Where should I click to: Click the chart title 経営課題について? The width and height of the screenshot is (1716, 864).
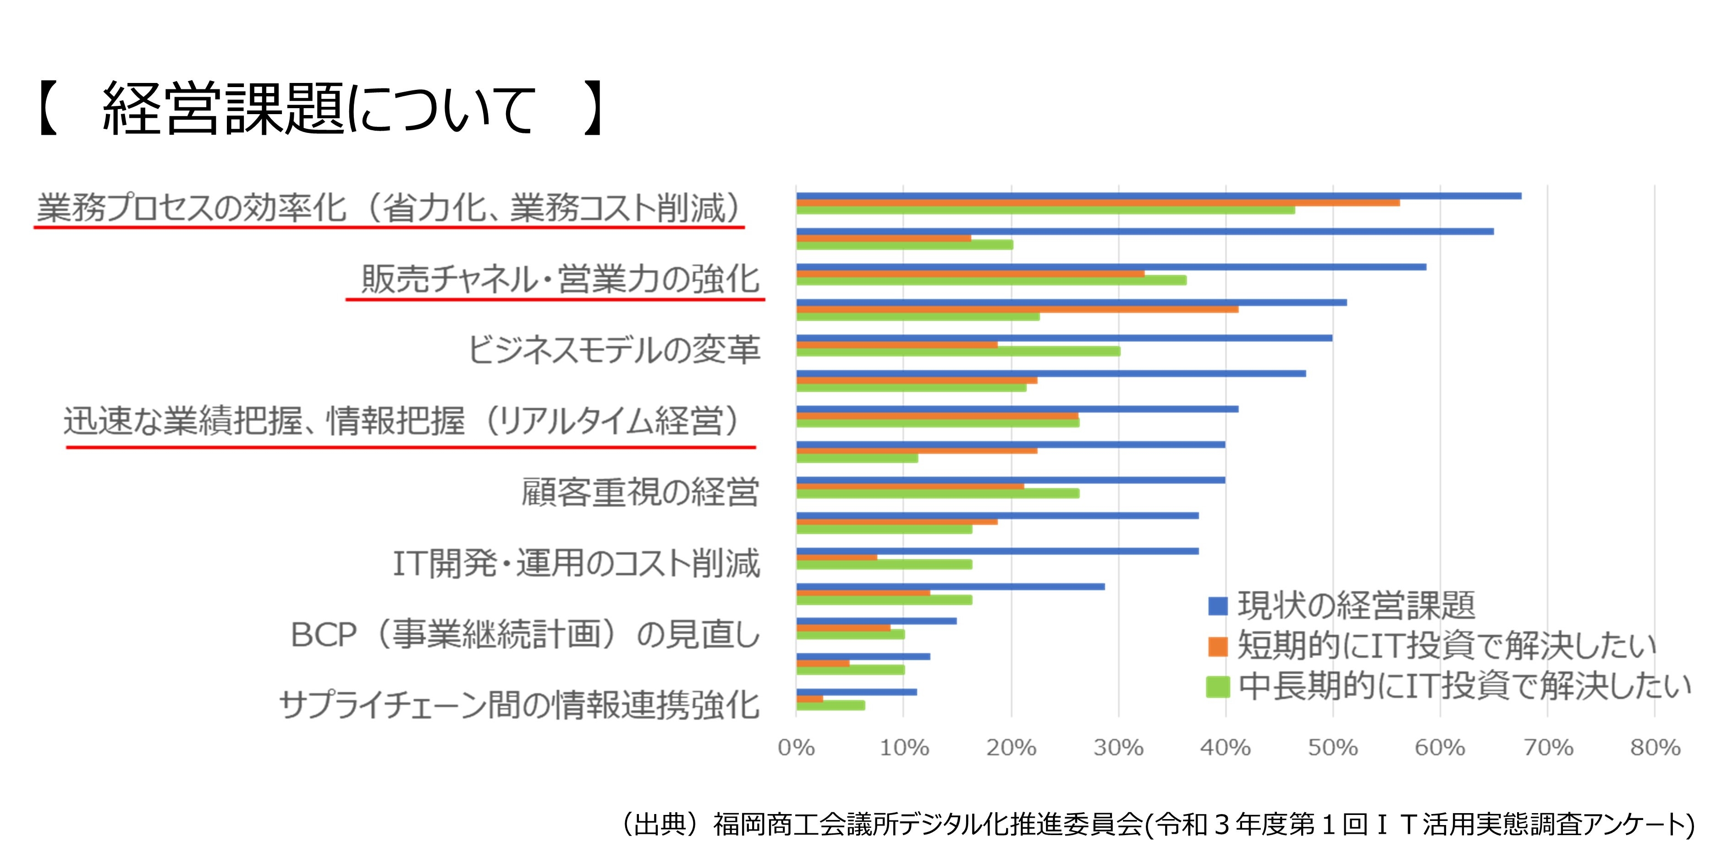tap(320, 109)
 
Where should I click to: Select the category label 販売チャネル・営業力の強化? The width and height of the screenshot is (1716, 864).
tap(560, 279)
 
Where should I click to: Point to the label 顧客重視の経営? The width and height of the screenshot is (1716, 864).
tap(639, 492)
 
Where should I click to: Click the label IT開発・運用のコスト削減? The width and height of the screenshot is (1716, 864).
tap(576, 564)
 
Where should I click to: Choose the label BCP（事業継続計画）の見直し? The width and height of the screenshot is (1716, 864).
tap(525, 634)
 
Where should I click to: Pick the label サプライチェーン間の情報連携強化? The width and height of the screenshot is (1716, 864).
tap(520, 705)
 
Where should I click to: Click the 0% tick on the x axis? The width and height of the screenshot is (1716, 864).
tap(796, 748)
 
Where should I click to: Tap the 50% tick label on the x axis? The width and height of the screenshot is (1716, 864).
tap(1332, 748)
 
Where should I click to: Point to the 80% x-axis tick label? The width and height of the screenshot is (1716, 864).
tap(1655, 748)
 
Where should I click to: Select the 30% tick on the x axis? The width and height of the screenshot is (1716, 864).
tap(1118, 748)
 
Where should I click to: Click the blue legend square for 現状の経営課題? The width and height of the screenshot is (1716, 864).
tap(1218, 605)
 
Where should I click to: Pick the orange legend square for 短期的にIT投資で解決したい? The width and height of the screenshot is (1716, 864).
tap(1218, 646)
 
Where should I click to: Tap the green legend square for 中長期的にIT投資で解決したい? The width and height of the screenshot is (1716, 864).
tap(1218, 687)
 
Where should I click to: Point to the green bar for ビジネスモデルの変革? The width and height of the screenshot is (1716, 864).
tap(958, 352)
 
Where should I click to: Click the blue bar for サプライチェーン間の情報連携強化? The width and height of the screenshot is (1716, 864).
tap(856, 692)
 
